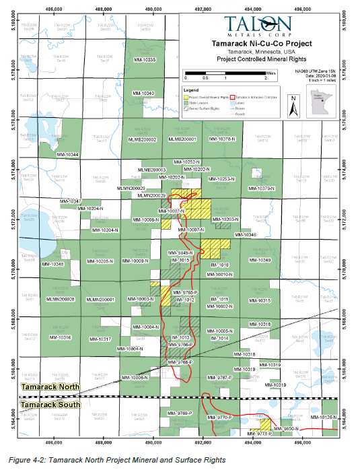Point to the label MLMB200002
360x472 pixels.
142,139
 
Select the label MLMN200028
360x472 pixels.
60,299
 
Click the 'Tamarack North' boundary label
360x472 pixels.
50,387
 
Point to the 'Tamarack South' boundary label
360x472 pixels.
50,405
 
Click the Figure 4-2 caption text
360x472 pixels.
118,460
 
